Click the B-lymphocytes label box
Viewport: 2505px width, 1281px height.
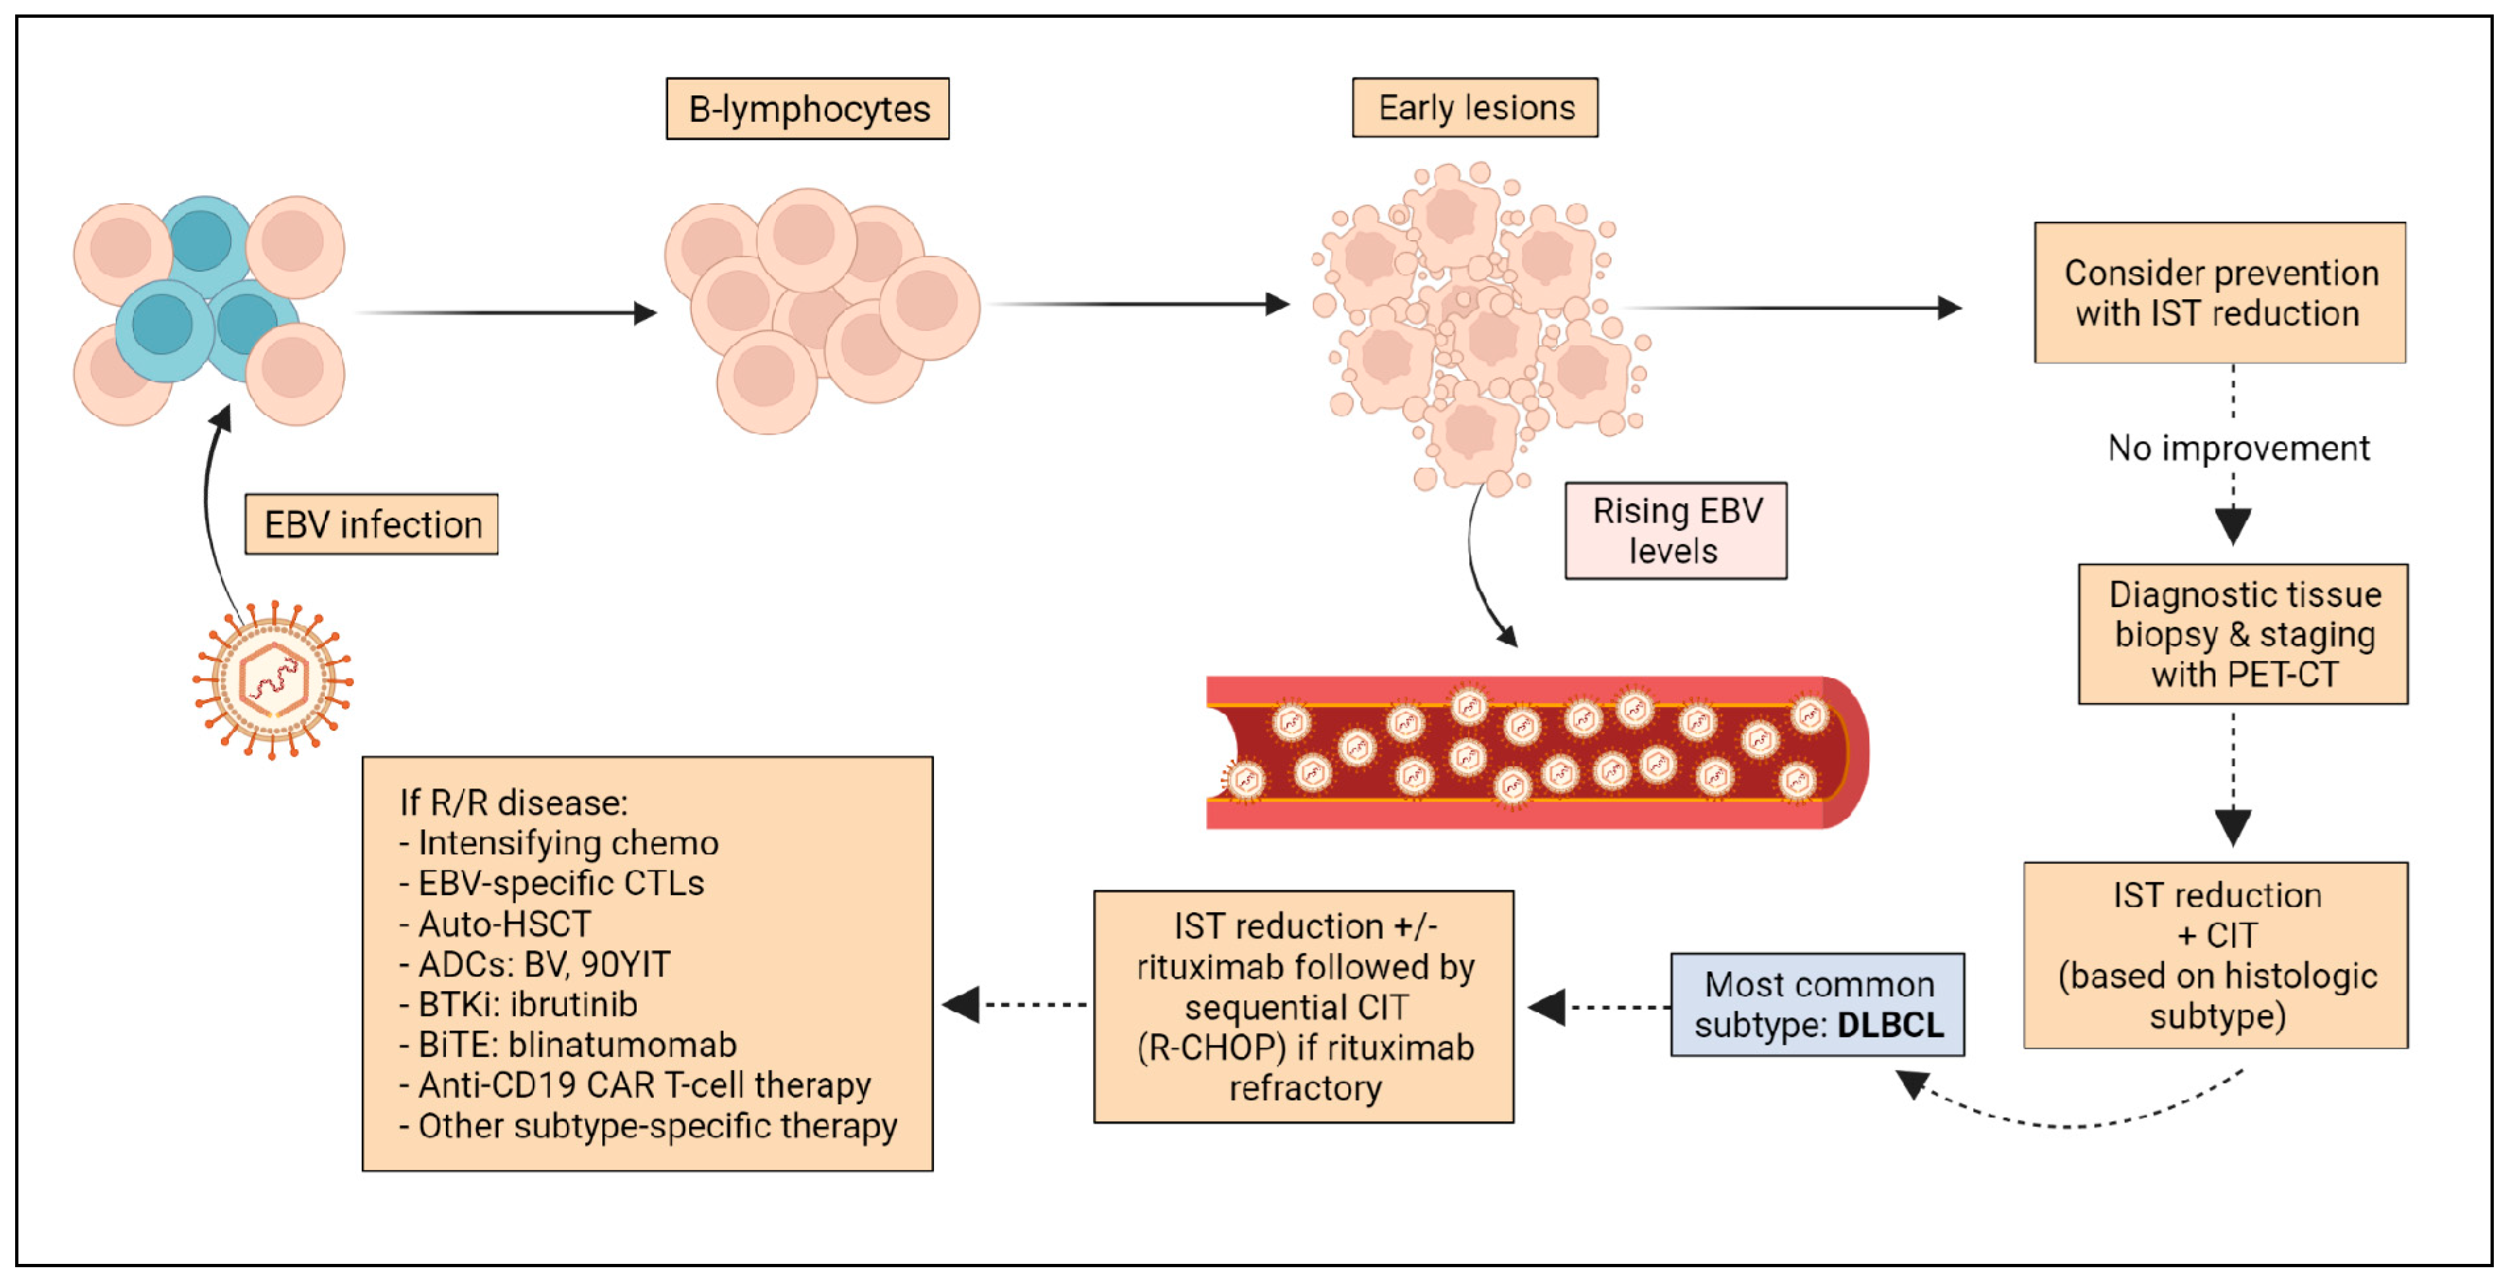click(x=807, y=109)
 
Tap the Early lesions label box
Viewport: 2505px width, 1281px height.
click(x=1474, y=107)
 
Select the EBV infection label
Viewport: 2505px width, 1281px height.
click(x=372, y=524)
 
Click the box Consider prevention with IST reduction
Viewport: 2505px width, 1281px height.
click(x=2219, y=293)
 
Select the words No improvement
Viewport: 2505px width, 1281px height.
click(x=2237, y=448)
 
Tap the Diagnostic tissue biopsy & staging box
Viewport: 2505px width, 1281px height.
click(x=2243, y=634)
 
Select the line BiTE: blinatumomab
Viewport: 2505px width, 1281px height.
click(x=577, y=1045)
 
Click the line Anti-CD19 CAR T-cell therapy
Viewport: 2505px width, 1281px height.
click(x=644, y=1084)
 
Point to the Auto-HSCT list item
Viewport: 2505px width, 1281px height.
click(x=504, y=923)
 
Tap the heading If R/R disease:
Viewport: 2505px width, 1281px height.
click(x=514, y=802)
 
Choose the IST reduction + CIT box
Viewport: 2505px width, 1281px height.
click(x=2215, y=954)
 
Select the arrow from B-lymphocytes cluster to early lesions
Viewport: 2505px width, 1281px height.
click(x=1138, y=304)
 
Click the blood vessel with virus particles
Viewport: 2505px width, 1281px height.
click(x=1536, y=752)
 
